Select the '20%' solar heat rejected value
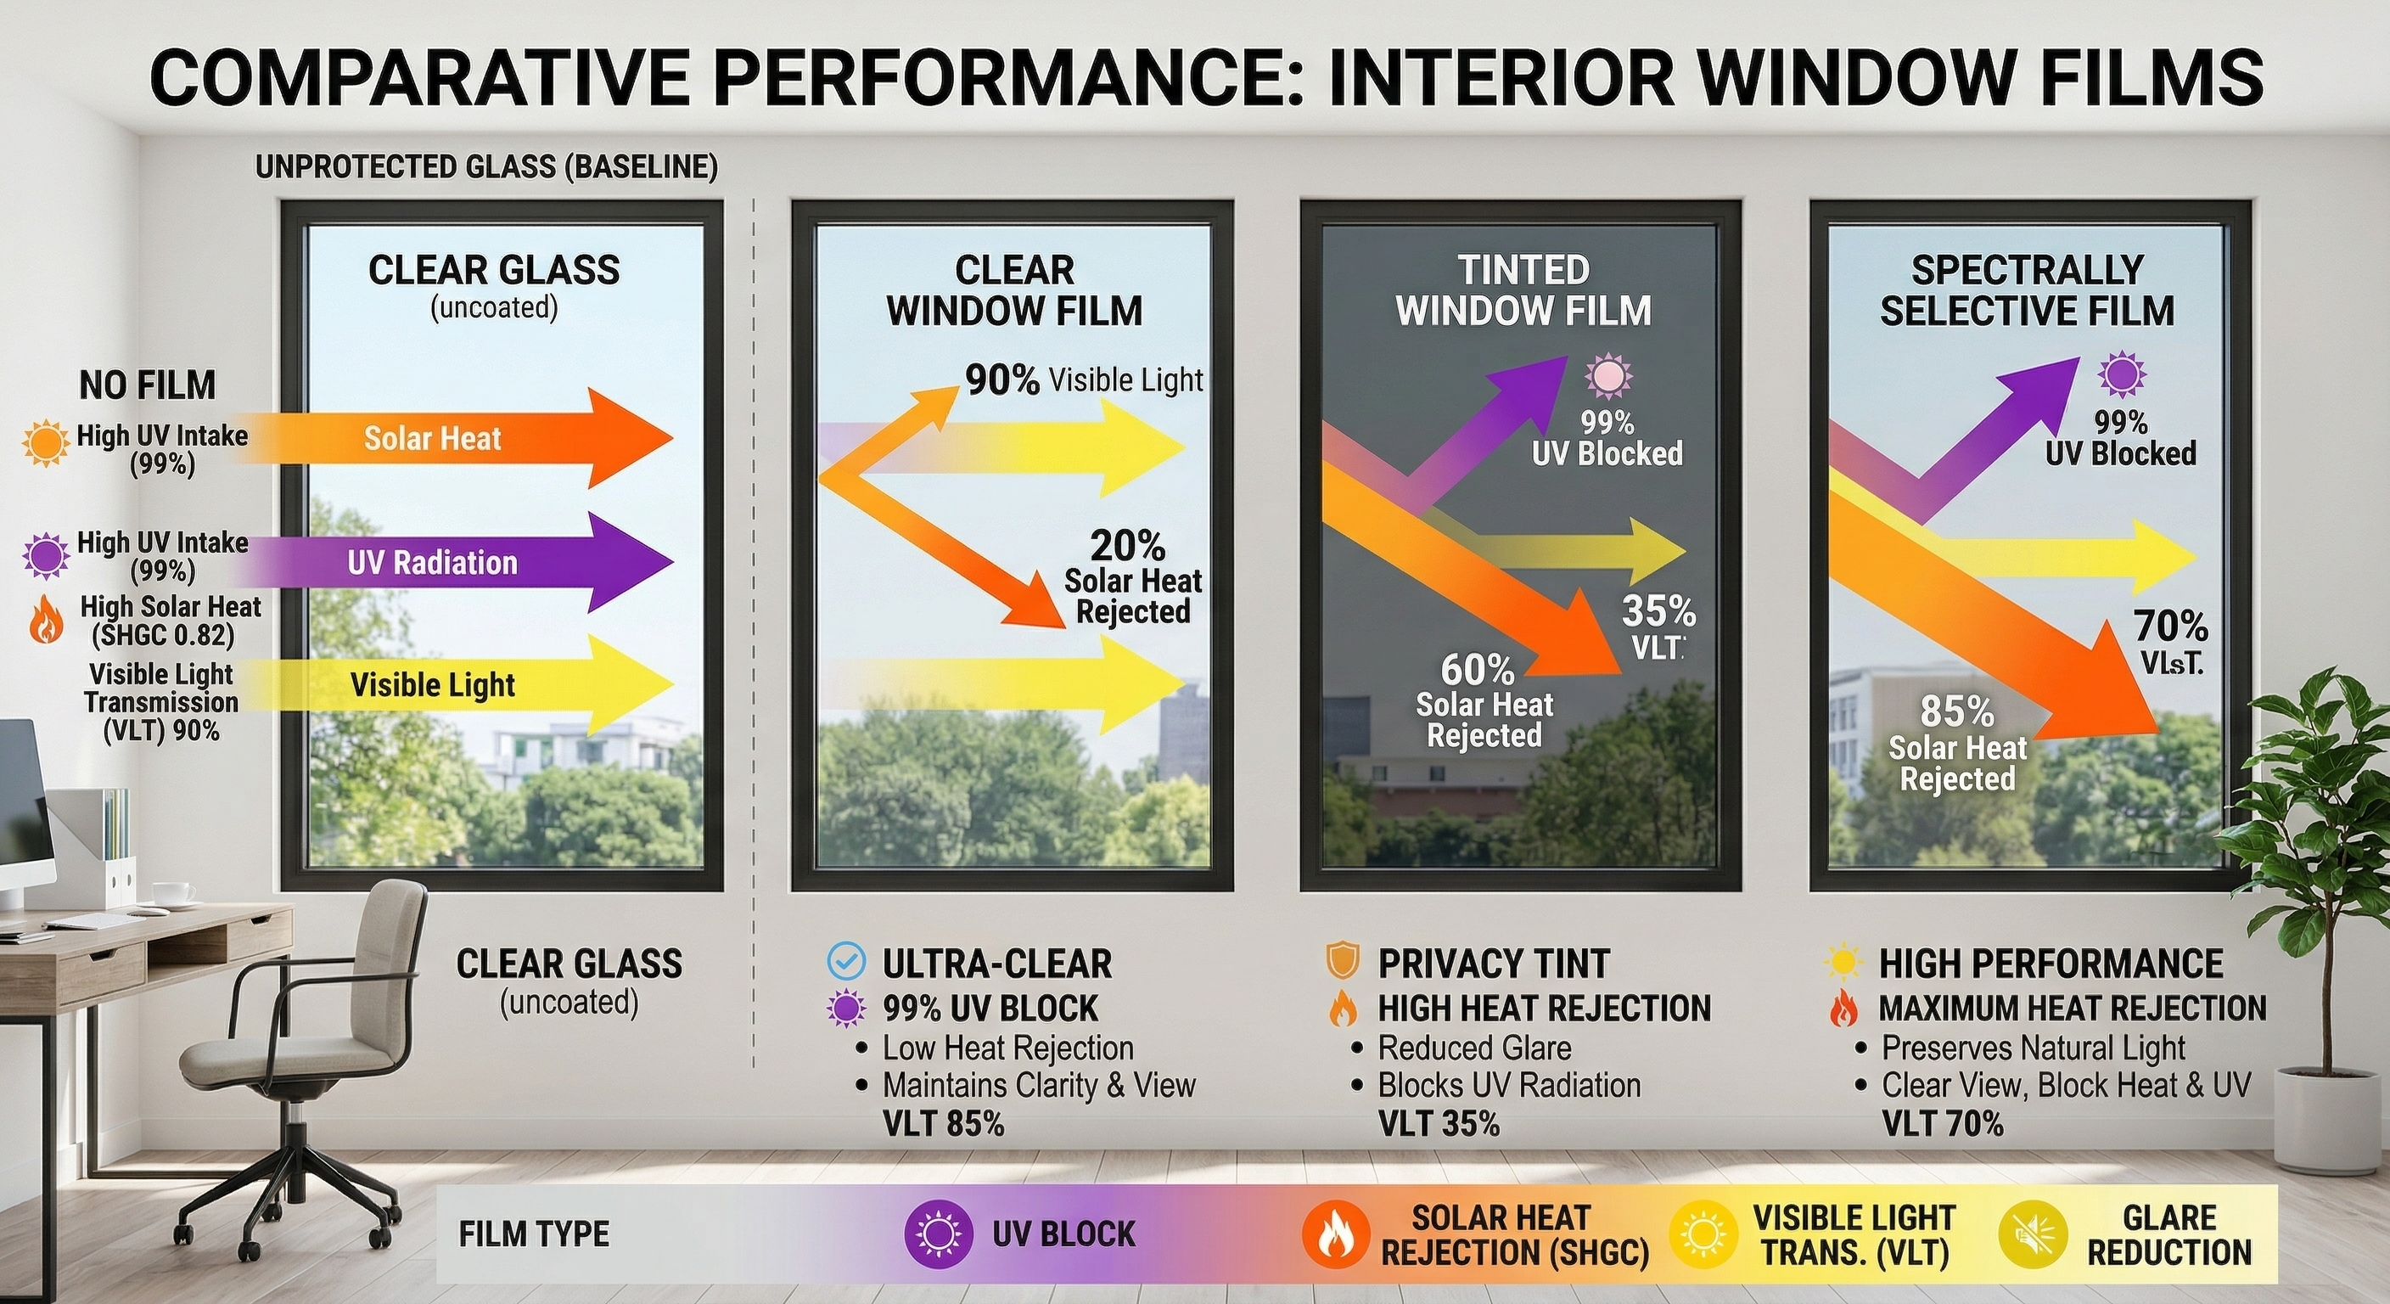point(1127,546)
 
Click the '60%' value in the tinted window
point(1477,669)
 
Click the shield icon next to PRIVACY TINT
point(1343,962)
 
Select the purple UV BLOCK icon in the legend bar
point(937,1234)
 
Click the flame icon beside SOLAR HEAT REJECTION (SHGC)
point(1335,1234)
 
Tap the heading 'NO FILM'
point(148,385)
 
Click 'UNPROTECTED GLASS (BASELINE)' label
point(486,167)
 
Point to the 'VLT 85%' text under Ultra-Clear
point(944,1124)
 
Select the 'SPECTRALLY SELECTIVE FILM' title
point(2028,290)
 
